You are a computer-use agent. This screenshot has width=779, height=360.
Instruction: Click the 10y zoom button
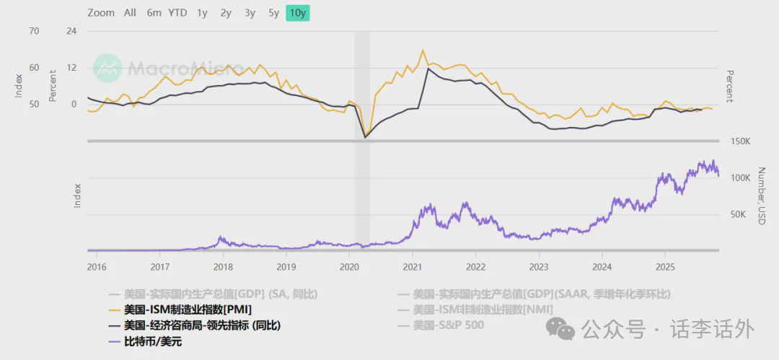click(x=297, y=12)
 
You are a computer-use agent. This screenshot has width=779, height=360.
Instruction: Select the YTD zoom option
click(x=177, y=12)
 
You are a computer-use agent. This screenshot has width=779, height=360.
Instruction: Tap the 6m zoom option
click(x=154, y=12)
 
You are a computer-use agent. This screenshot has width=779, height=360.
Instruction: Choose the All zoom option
click(x=130, y=12)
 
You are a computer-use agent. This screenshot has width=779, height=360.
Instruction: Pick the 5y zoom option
click(x=273, y=12)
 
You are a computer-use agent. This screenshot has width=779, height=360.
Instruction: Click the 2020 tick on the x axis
click(x=348, y=266)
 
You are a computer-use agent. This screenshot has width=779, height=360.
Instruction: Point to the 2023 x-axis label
click(x=539, y=266)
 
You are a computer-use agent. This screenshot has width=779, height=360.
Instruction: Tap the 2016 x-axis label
click(x=97, y=266)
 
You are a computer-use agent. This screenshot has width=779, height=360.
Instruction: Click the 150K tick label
click(x=741, y=141)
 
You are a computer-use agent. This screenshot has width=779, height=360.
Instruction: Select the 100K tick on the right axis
click(x=741, y=177)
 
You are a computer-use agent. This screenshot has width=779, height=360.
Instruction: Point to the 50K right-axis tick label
click(x=738, y=214)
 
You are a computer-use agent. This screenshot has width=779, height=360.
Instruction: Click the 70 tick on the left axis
click(x=34, y=31)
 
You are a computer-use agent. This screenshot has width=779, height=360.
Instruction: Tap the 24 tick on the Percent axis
click(x=71, y=31)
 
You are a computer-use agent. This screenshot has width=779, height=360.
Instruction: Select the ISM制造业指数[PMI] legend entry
click(x=188, y=309)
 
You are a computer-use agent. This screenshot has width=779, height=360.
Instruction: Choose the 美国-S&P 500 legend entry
click(x=449, y=325)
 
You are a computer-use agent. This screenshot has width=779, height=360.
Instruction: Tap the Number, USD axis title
click(x=760, y=196)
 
